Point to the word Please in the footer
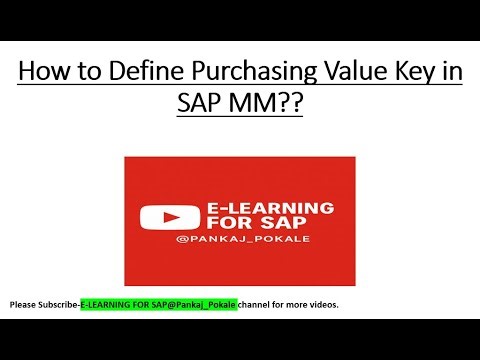pyautogui.click(x=24, y=303)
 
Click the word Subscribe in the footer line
pyautogui.click(x=60, y=303)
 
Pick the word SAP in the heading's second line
pyautogui.click(x=204, y=104)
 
